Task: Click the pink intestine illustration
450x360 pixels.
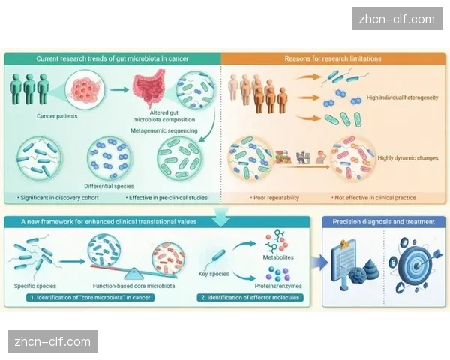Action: (148, 88)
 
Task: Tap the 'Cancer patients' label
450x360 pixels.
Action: (57, 116)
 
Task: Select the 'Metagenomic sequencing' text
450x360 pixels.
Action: (164, 130)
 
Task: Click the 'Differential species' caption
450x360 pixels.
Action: (109, 186)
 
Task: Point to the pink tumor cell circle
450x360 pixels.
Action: (85, 88)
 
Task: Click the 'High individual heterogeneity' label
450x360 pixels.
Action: (402, 97)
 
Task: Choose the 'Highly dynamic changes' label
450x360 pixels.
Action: (408, 158)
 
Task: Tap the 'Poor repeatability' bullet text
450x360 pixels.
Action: (274, 198)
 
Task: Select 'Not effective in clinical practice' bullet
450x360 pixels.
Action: (373, 198)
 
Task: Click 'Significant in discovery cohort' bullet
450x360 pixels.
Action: (58, 198)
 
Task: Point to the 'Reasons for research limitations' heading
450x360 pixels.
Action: (333, 58)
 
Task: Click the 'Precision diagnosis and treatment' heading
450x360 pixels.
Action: (384, 222)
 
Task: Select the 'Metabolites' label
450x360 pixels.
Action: (278, 257)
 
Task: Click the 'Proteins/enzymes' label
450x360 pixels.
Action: (278, 286)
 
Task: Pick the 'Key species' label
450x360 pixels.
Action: (214, 274)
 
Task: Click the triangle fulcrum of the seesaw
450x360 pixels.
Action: (133, 274)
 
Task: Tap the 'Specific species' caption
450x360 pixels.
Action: (35, 286)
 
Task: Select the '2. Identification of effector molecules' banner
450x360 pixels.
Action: (250, 298)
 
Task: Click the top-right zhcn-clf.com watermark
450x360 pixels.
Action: (397, 19)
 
